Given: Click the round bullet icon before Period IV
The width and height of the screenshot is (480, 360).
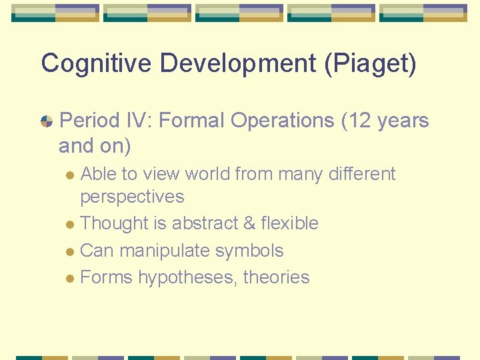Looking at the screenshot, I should (x=47, y=121).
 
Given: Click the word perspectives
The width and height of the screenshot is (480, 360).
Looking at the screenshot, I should (x=132, y=197).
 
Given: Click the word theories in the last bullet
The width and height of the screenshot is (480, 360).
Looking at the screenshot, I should (x=276, y=277).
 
